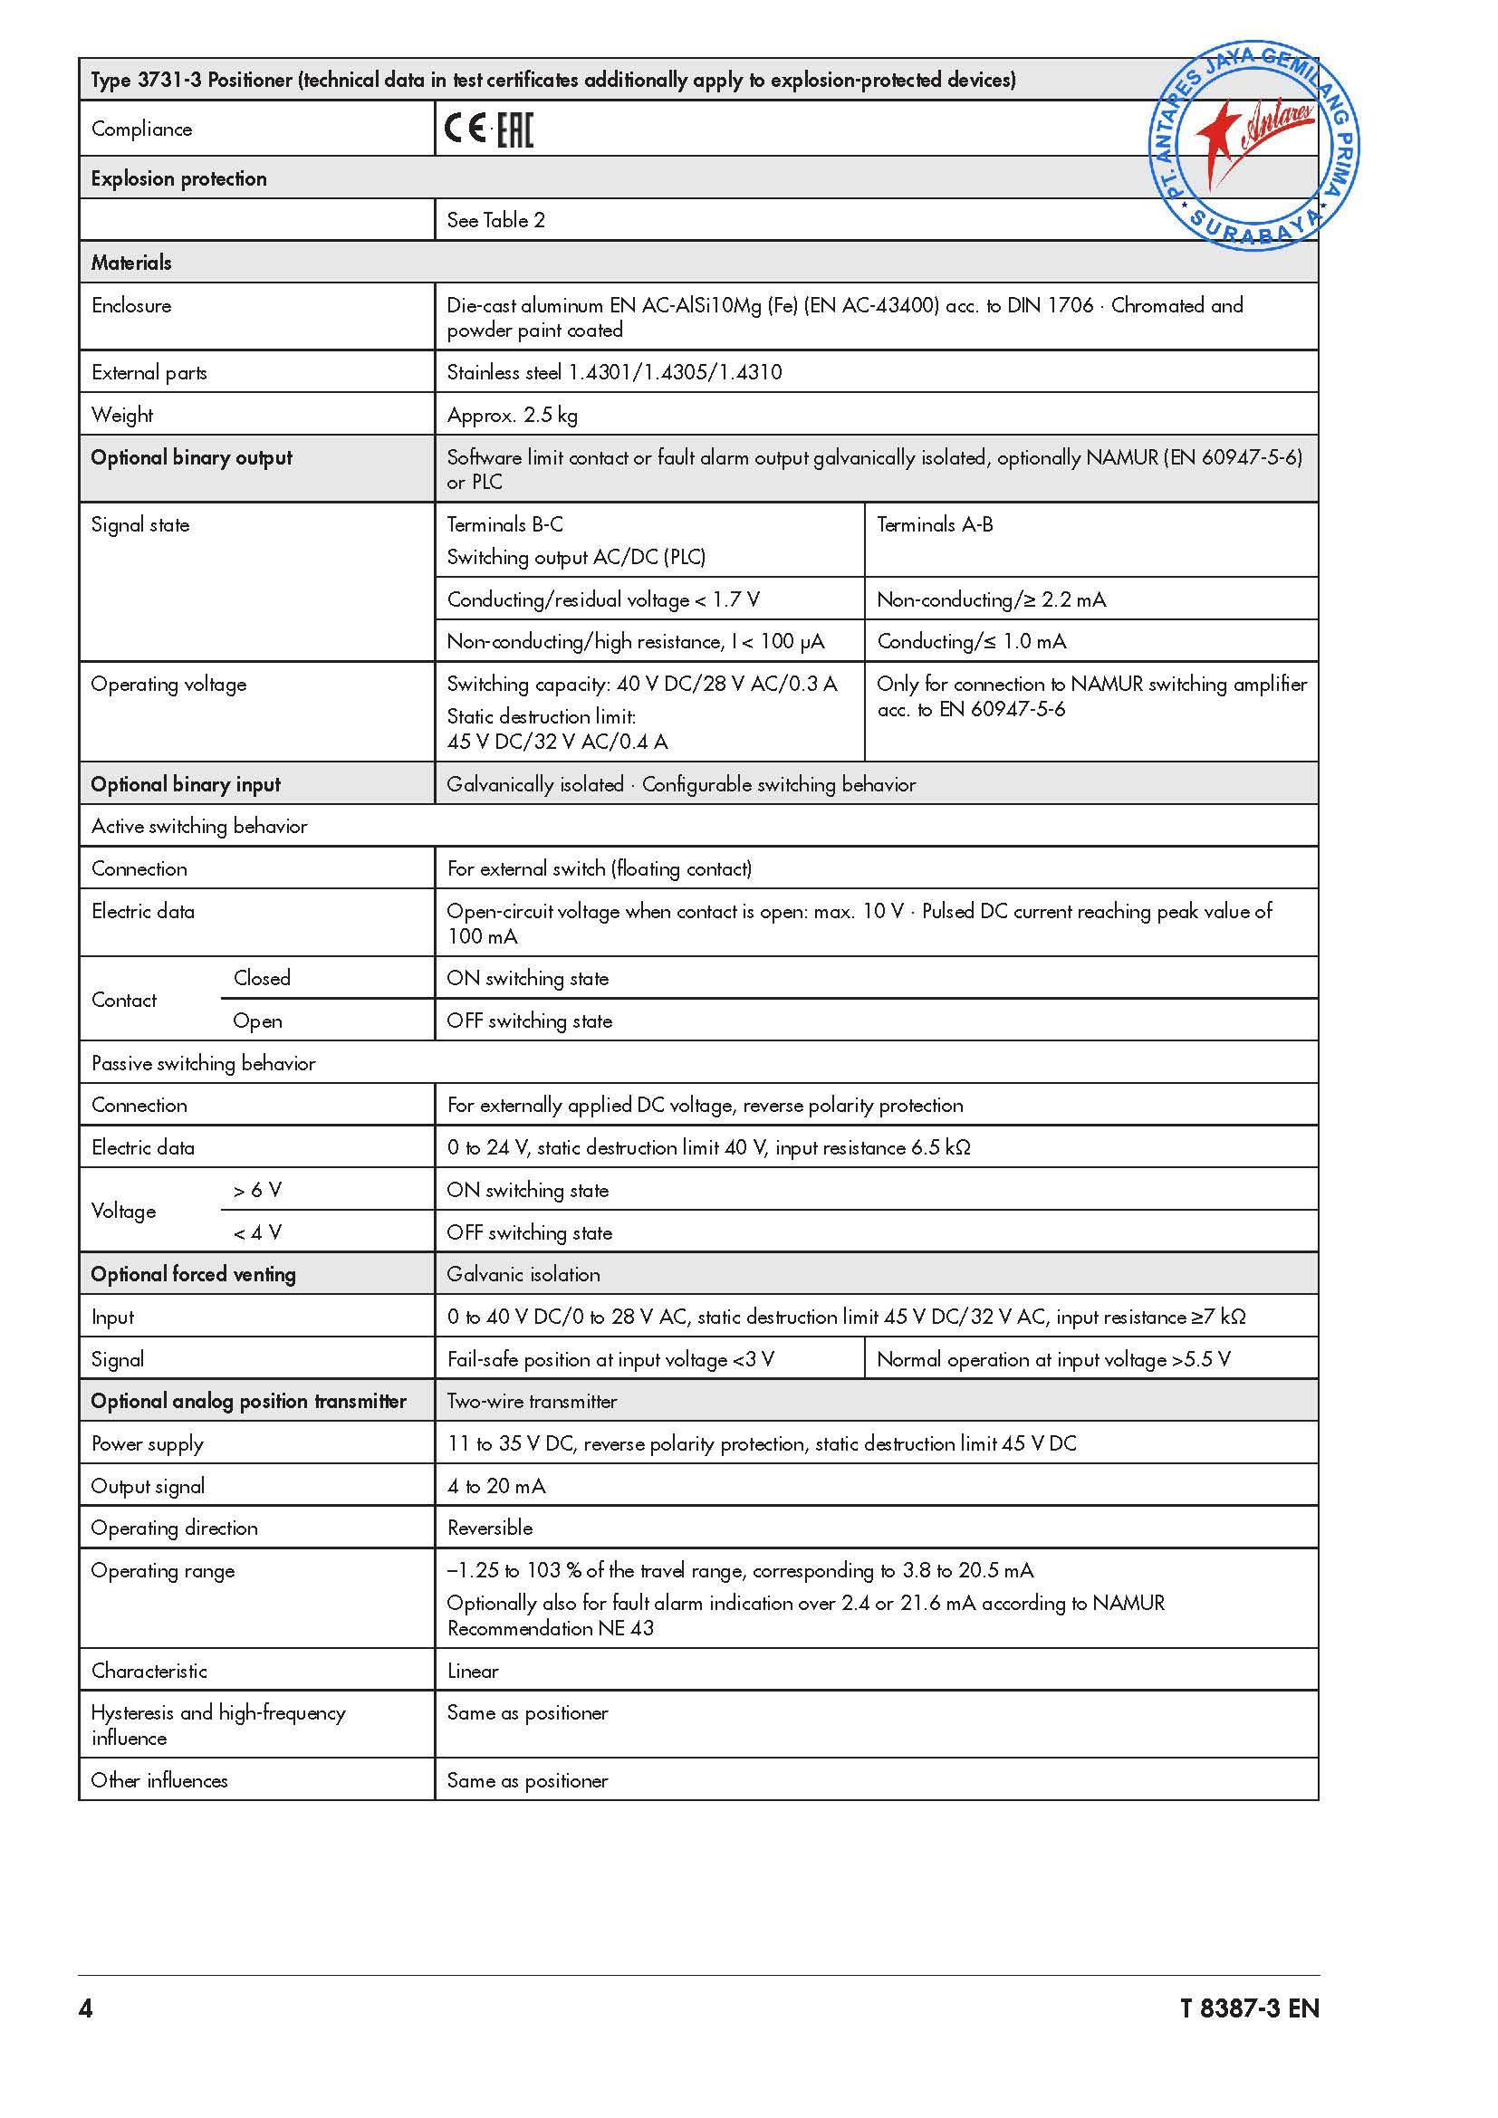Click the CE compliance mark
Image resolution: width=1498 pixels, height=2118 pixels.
464,129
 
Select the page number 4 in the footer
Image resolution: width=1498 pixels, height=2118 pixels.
86,2008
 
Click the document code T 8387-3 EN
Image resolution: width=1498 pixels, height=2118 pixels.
1249,2008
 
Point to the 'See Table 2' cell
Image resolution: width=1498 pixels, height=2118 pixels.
495,220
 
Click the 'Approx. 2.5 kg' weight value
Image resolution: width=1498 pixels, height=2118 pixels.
512,415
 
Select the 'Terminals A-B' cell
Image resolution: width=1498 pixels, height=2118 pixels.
935,525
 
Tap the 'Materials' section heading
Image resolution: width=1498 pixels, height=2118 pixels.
131,263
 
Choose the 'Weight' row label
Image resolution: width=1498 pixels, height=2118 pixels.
121,415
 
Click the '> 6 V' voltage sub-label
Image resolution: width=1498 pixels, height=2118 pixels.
257,1191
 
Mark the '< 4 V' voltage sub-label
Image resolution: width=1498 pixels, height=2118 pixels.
257,1232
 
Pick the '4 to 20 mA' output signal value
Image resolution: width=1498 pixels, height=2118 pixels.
496,1486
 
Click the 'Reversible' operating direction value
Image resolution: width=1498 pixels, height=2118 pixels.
490,1528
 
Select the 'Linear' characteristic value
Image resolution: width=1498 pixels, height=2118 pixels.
472,1671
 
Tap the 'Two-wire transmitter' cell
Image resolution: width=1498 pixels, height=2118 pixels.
533,1401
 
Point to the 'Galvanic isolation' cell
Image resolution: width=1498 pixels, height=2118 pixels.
523,1275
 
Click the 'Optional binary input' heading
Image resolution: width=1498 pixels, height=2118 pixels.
186,784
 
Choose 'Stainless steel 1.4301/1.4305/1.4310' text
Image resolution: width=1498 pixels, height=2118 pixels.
614,373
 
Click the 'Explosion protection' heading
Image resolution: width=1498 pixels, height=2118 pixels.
179,179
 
